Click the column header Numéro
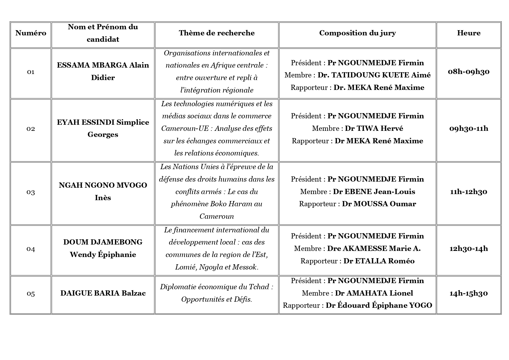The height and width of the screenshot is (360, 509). pos(31,33)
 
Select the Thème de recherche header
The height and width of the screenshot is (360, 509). pos(217,33)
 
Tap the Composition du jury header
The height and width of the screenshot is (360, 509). pos(357,33)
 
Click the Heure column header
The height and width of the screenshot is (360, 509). pos(469,33)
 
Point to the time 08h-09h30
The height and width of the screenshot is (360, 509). pos(469,72)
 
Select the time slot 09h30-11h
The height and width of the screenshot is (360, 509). pos(469,129)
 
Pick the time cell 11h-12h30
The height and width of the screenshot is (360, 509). pos(469,192)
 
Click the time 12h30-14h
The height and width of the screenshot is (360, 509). pos(469,249)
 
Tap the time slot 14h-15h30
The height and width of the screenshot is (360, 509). pos(469,293)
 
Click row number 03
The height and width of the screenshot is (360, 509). pos(31,192)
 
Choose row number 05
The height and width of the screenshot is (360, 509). pos(31,294)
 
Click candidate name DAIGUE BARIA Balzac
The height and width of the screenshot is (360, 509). pos(103,293)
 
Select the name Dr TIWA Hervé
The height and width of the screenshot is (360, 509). pos(374,129)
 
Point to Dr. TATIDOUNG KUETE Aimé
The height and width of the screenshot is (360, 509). pos(374,75)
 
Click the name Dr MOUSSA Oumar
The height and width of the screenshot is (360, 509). pos(379,204)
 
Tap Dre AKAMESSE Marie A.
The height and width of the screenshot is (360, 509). pos(374,249)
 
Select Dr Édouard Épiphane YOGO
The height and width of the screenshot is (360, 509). pos(379,305)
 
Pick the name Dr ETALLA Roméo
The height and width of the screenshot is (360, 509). pos(379,261)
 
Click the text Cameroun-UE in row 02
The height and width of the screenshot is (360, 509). pos(185,129)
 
